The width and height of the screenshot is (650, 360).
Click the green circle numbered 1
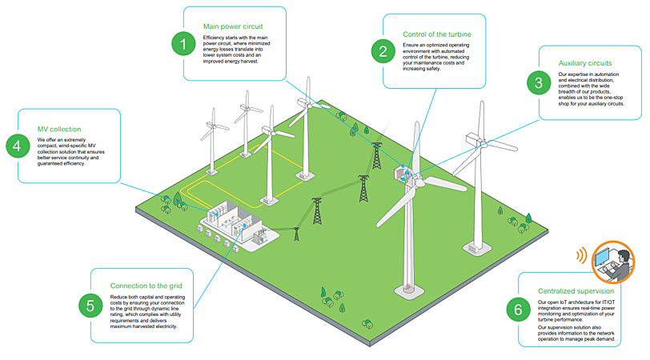tap(183, 43)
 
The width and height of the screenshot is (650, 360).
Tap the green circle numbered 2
tap(383, 50)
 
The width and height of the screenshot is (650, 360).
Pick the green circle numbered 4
tap(16, 146)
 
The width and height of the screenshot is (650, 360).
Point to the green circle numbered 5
tap(89, 304)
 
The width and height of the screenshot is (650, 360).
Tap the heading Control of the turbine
tap(436, 34)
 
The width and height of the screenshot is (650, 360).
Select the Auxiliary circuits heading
tap(585, 62)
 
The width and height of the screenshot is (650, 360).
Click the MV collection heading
tap(59, 129)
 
